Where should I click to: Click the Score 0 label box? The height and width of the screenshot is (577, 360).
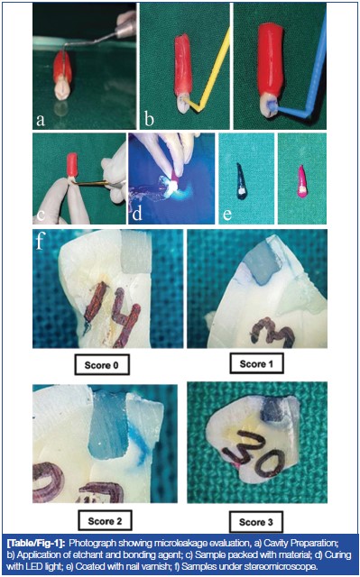103,366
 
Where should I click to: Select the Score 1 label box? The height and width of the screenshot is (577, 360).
257,364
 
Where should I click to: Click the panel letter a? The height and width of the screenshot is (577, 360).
42,118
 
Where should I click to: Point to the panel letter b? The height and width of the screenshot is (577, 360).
149,118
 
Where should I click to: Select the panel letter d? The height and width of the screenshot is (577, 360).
136,213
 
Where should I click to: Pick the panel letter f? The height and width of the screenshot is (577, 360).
40,242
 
